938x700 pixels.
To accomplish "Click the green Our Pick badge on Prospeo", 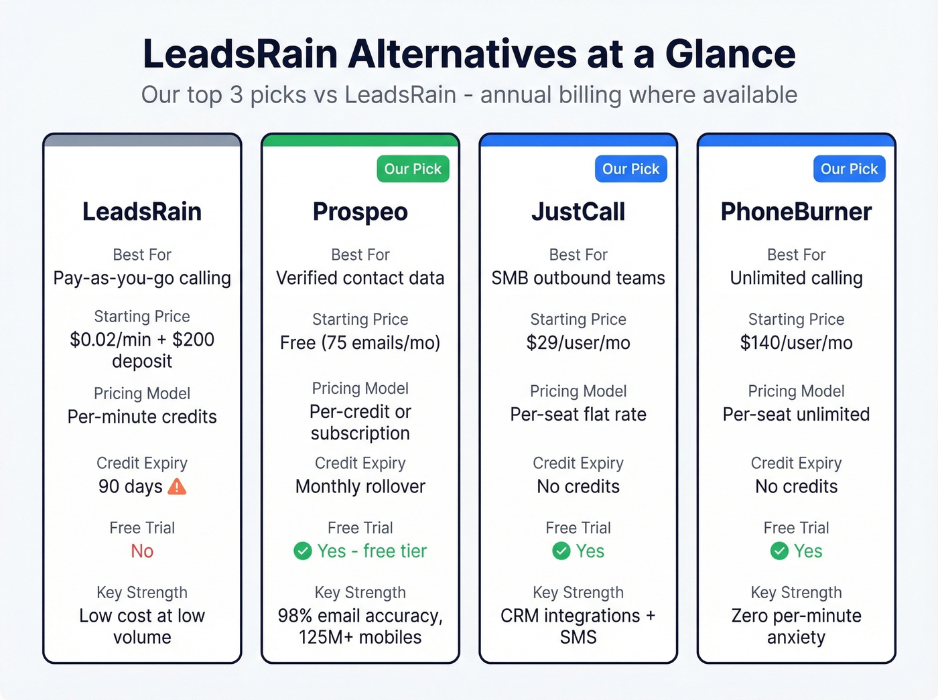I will [x=413, y=169].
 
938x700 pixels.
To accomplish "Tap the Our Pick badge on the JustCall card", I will [x=630, y=169].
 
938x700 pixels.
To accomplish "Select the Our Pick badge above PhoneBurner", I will [x=849, y=169].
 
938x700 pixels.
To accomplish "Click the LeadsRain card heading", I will [x=142, y=212].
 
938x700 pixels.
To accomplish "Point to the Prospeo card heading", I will [x=360, y=212].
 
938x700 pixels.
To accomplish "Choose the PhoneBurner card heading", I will [x=796, y=212].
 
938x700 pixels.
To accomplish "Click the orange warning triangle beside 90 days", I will [x=177, y=486].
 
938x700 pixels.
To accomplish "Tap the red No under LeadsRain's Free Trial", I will [x=142, y=551].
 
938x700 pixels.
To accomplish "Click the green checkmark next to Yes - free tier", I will [x=303, y=551].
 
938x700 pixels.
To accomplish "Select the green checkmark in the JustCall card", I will [x=561, y=551].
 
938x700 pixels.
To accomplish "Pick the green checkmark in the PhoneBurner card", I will [x=779, y=551].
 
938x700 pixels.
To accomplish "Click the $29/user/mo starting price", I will [x=578, y=343].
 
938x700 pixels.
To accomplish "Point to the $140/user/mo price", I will [x=796, y=343].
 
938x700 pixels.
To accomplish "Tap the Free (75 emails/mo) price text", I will [x=360, y=343].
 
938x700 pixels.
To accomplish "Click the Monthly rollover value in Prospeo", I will [x=360, y=486].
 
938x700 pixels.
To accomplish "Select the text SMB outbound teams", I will [x=578, y=278].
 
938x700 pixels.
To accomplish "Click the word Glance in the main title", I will [x=730, y=54].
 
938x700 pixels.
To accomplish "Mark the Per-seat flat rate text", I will [x=578, y=415].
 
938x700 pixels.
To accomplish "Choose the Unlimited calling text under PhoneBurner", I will [x=796, y=278].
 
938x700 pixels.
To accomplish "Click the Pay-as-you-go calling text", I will [x=142, y=278].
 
